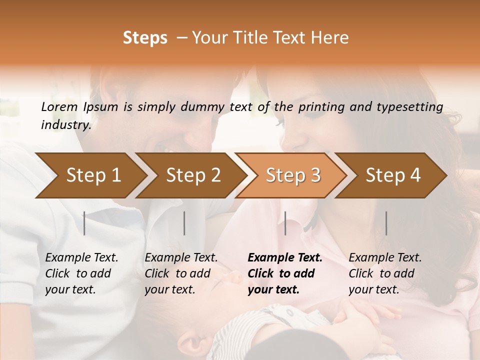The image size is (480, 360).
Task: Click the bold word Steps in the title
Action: [145, 38]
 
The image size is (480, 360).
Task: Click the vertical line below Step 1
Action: [84, 223]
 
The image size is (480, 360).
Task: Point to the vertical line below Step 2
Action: [184, 223]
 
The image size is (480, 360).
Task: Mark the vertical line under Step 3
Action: [285, 223]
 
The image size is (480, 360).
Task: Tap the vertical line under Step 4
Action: [386, 223]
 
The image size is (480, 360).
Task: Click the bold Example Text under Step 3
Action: [285, 257]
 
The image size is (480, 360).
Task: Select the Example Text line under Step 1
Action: [81, 257]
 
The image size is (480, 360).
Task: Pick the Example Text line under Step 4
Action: [385, 257]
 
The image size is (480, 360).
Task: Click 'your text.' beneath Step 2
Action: [170, 289]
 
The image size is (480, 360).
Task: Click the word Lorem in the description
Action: [59, 106]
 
